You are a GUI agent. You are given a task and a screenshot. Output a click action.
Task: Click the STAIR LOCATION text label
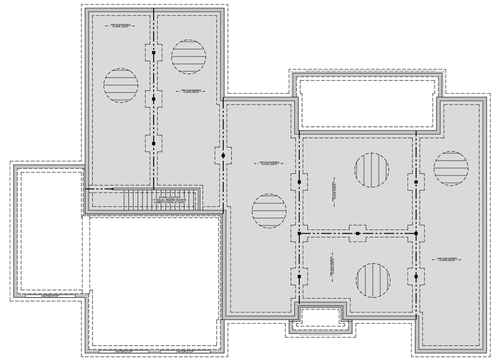pos(170,196)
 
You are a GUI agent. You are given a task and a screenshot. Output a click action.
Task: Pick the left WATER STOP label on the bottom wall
pos(123,351)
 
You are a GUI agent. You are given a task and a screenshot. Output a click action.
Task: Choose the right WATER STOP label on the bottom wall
pos(184,351)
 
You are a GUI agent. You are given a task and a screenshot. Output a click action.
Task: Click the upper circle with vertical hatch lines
pos(371,169)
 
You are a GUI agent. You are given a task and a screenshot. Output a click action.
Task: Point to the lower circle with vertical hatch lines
pos(373,280)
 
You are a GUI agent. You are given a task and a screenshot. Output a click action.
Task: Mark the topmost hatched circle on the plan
pos(188,56)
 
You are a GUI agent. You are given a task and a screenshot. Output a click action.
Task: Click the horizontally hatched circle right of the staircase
pos(269,211)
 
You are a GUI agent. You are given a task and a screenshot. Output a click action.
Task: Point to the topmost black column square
pos(154,53)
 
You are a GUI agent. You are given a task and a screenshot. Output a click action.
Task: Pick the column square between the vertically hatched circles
pos(358,234)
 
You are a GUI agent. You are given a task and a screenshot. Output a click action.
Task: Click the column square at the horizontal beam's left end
pos(299,234)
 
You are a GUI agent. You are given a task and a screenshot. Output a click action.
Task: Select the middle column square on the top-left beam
pos(154,99)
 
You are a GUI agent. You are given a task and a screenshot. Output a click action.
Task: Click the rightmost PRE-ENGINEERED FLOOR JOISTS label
pos(446,259)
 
